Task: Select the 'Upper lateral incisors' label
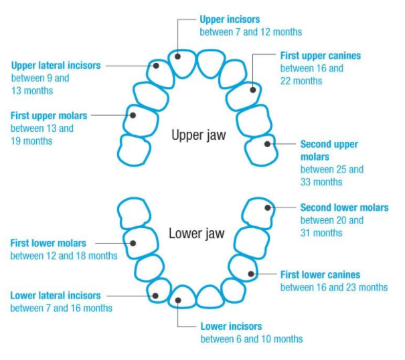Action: [56, 66]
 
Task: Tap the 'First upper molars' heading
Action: [49, 116]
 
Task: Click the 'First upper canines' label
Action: [320, 56]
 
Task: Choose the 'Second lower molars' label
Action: [344, 207]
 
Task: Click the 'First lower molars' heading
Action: [49, 243]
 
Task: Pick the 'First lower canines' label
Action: [320, 274]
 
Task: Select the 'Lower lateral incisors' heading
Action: [56, 295]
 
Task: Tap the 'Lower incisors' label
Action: [231, 327]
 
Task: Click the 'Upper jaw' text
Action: [199, 135]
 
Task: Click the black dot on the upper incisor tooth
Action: [178, 56]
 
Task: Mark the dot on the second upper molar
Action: [268, 143]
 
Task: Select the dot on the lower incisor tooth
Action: [178, 299]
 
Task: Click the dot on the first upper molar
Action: [133, 115]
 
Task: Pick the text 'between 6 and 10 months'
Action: [251, 339]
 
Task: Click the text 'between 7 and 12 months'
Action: [250, 32]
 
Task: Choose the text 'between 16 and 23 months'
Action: [333, 287]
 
